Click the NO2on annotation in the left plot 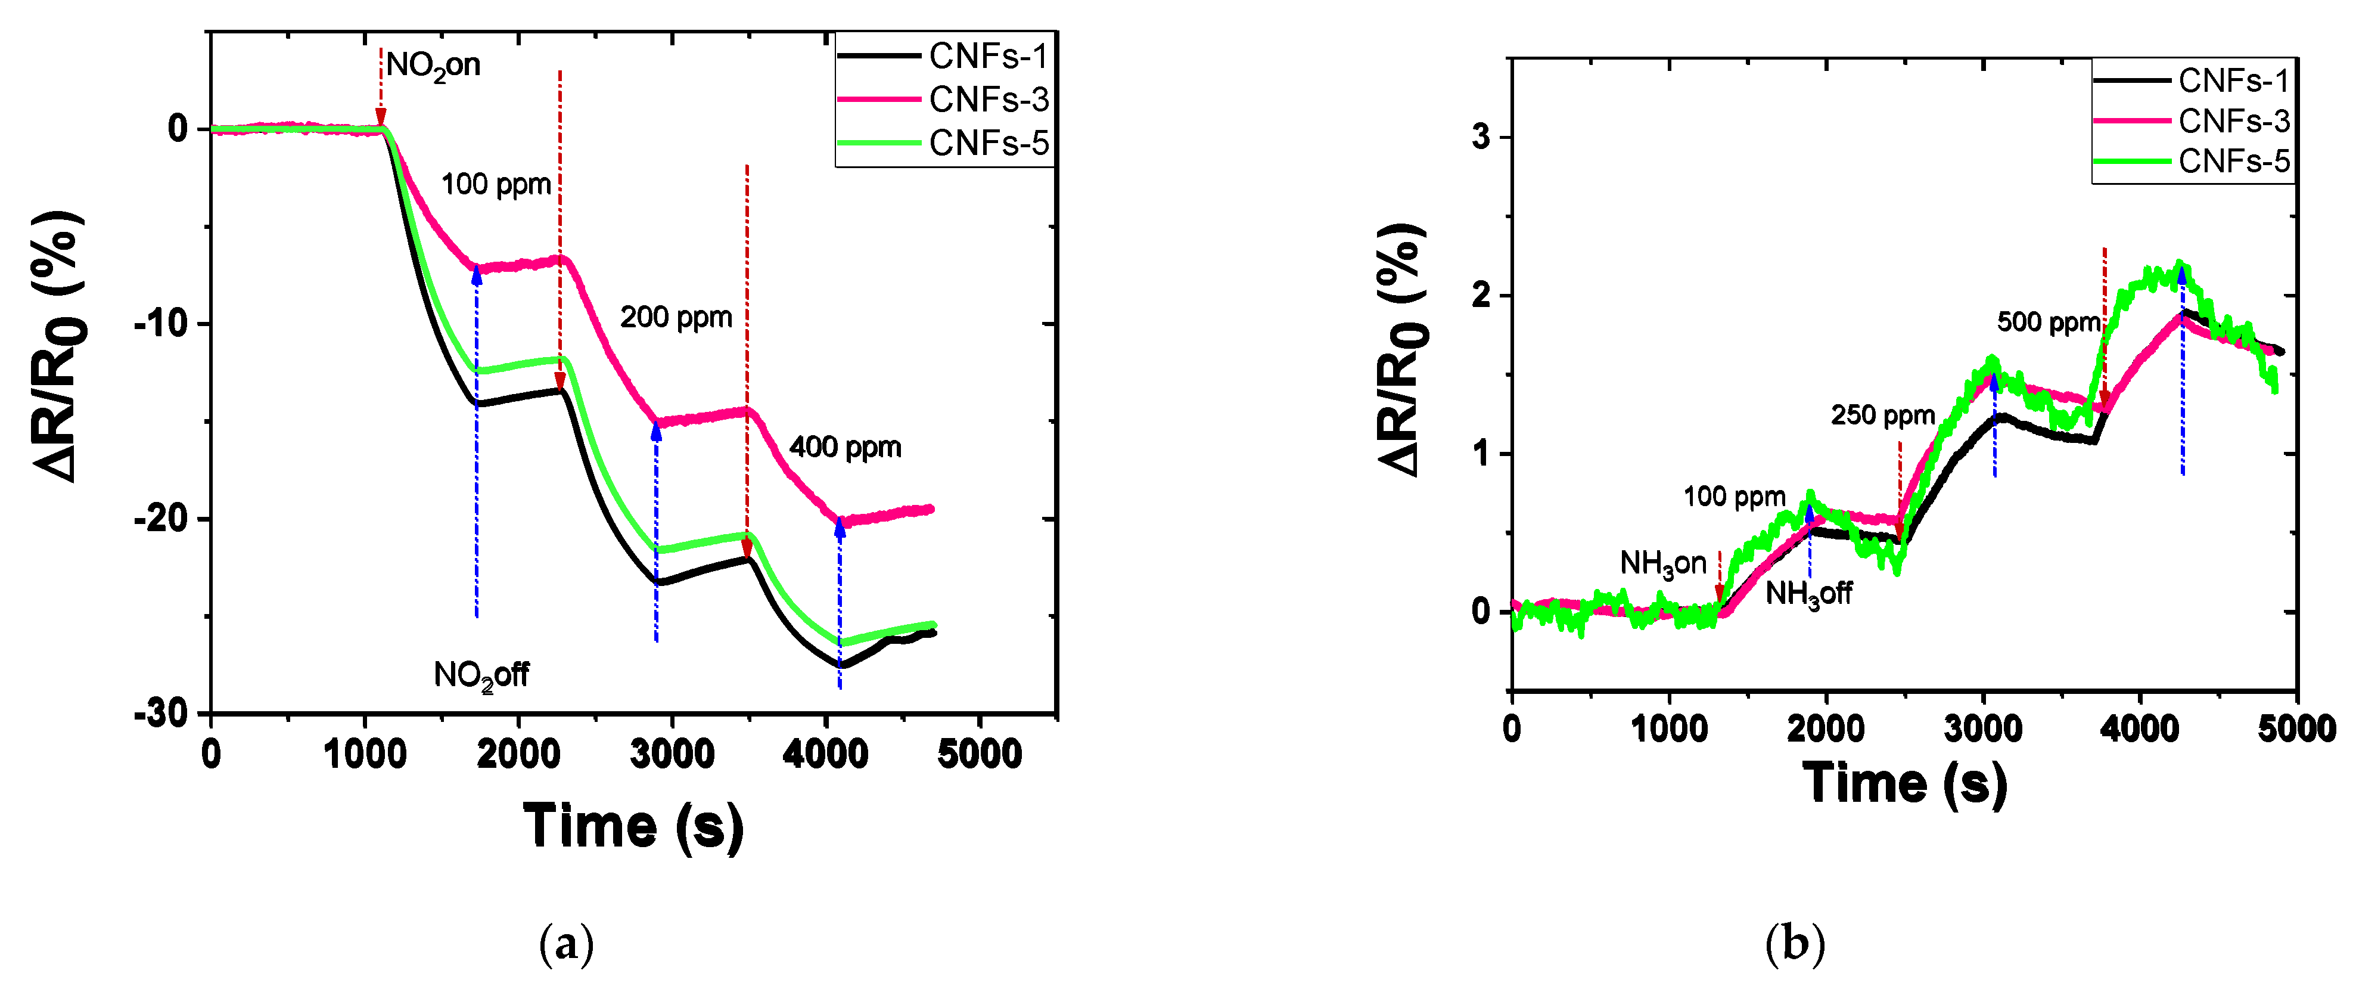433,66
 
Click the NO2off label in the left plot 480,675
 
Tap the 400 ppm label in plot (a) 845,447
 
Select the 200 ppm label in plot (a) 676,318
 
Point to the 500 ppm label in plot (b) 2049,322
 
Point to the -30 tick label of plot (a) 160,714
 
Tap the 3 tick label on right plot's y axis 1481,137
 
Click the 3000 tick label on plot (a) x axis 672,755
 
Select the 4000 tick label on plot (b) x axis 2139,729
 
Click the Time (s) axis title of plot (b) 1904,784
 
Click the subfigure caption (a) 567,943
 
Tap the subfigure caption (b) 1795,943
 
